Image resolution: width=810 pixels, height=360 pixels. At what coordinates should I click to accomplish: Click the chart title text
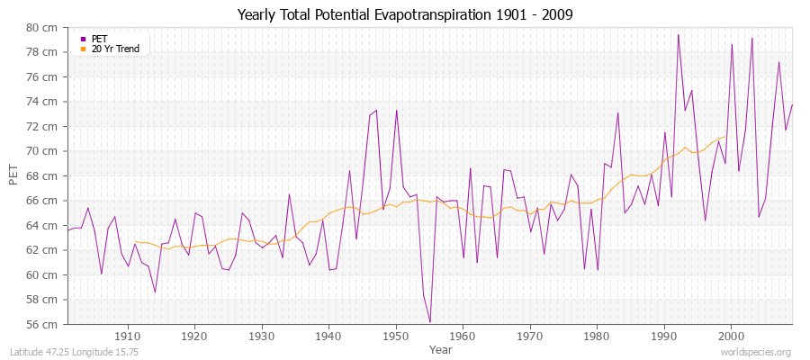[x=404, y=15]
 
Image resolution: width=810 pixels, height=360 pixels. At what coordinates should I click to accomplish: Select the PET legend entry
[x=99, y=39]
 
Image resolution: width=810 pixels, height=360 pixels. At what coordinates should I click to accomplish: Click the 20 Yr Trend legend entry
[x=115, y=49]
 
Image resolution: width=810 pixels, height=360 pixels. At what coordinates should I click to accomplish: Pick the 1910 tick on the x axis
[x=128, y=336]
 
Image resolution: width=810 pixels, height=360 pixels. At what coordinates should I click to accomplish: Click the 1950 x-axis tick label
[x=396, y=336]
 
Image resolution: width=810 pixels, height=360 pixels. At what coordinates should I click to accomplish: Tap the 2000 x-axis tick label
[x=731, y=336]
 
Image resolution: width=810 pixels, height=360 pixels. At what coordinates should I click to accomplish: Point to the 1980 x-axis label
[x=597, y=336]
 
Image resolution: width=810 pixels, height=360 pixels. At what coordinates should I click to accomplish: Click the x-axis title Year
[x=441, y=348]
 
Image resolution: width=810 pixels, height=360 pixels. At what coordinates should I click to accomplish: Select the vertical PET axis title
[x=13, y=175]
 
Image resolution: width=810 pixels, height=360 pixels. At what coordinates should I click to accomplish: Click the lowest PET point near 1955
[x=430, y=322]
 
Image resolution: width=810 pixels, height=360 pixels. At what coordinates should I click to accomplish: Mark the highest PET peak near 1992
[x=678, y=35]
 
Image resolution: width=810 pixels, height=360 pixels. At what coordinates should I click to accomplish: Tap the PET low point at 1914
[x=155, y=292]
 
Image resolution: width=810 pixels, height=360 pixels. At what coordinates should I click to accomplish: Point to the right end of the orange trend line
[x=725, y=137]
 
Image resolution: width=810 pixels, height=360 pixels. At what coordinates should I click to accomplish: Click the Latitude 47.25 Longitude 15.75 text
[x=73, y=352]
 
